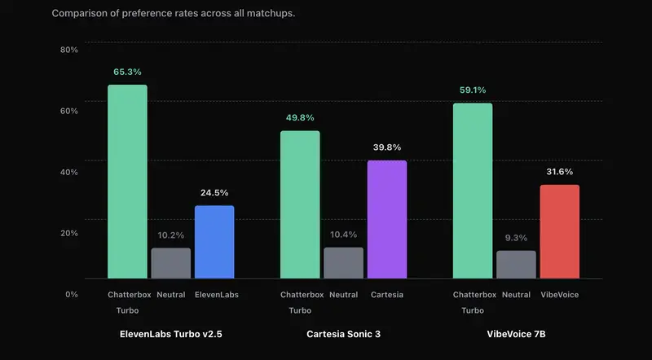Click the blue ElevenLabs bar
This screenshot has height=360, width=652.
[x=214, y=243]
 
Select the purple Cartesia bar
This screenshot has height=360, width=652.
[x=387, y=220]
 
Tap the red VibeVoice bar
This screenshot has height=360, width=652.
[x=559, y=232]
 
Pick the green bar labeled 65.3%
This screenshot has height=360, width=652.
[x=128, y=182]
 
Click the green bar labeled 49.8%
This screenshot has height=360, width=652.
[x=300, y=205]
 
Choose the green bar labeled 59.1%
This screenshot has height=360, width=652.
[x=473, y=191]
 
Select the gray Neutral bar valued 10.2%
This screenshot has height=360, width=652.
[x=171, y=263]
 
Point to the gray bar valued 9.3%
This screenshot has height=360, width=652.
[x=516, y=265]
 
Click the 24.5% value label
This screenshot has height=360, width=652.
[x=214, y=193]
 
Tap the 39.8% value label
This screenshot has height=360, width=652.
[x=387, y=147]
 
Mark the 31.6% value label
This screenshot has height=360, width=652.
[x=559, y=172]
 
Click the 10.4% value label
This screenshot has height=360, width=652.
[x=343, y=235]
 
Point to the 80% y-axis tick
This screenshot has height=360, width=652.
[x=69, y=50]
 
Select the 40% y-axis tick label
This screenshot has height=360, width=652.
[x=69, y=172]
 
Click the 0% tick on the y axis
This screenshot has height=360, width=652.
[x=72, y=294]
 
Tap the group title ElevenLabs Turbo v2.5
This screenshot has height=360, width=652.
[x=171, y=335]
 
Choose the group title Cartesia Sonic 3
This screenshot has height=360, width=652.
[x=343, y=335]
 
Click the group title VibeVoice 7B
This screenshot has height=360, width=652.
[x=516, y=335]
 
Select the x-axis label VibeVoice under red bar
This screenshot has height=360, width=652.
[x=559, y=295]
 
